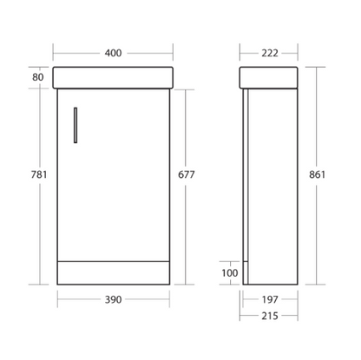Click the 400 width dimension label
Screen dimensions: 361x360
[113, 53]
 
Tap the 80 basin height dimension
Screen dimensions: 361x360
[38, 77]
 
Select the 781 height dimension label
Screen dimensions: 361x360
[39, 174]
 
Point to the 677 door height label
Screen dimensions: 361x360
[187, 174]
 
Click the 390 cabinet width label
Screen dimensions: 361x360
[113, 299]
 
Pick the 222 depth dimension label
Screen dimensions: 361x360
[270, 53]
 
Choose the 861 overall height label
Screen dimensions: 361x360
[317, 174]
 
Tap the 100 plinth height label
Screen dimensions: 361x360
[230, 273]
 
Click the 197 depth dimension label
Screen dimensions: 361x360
[270, 299]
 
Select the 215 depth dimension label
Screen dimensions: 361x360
[270, 316]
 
